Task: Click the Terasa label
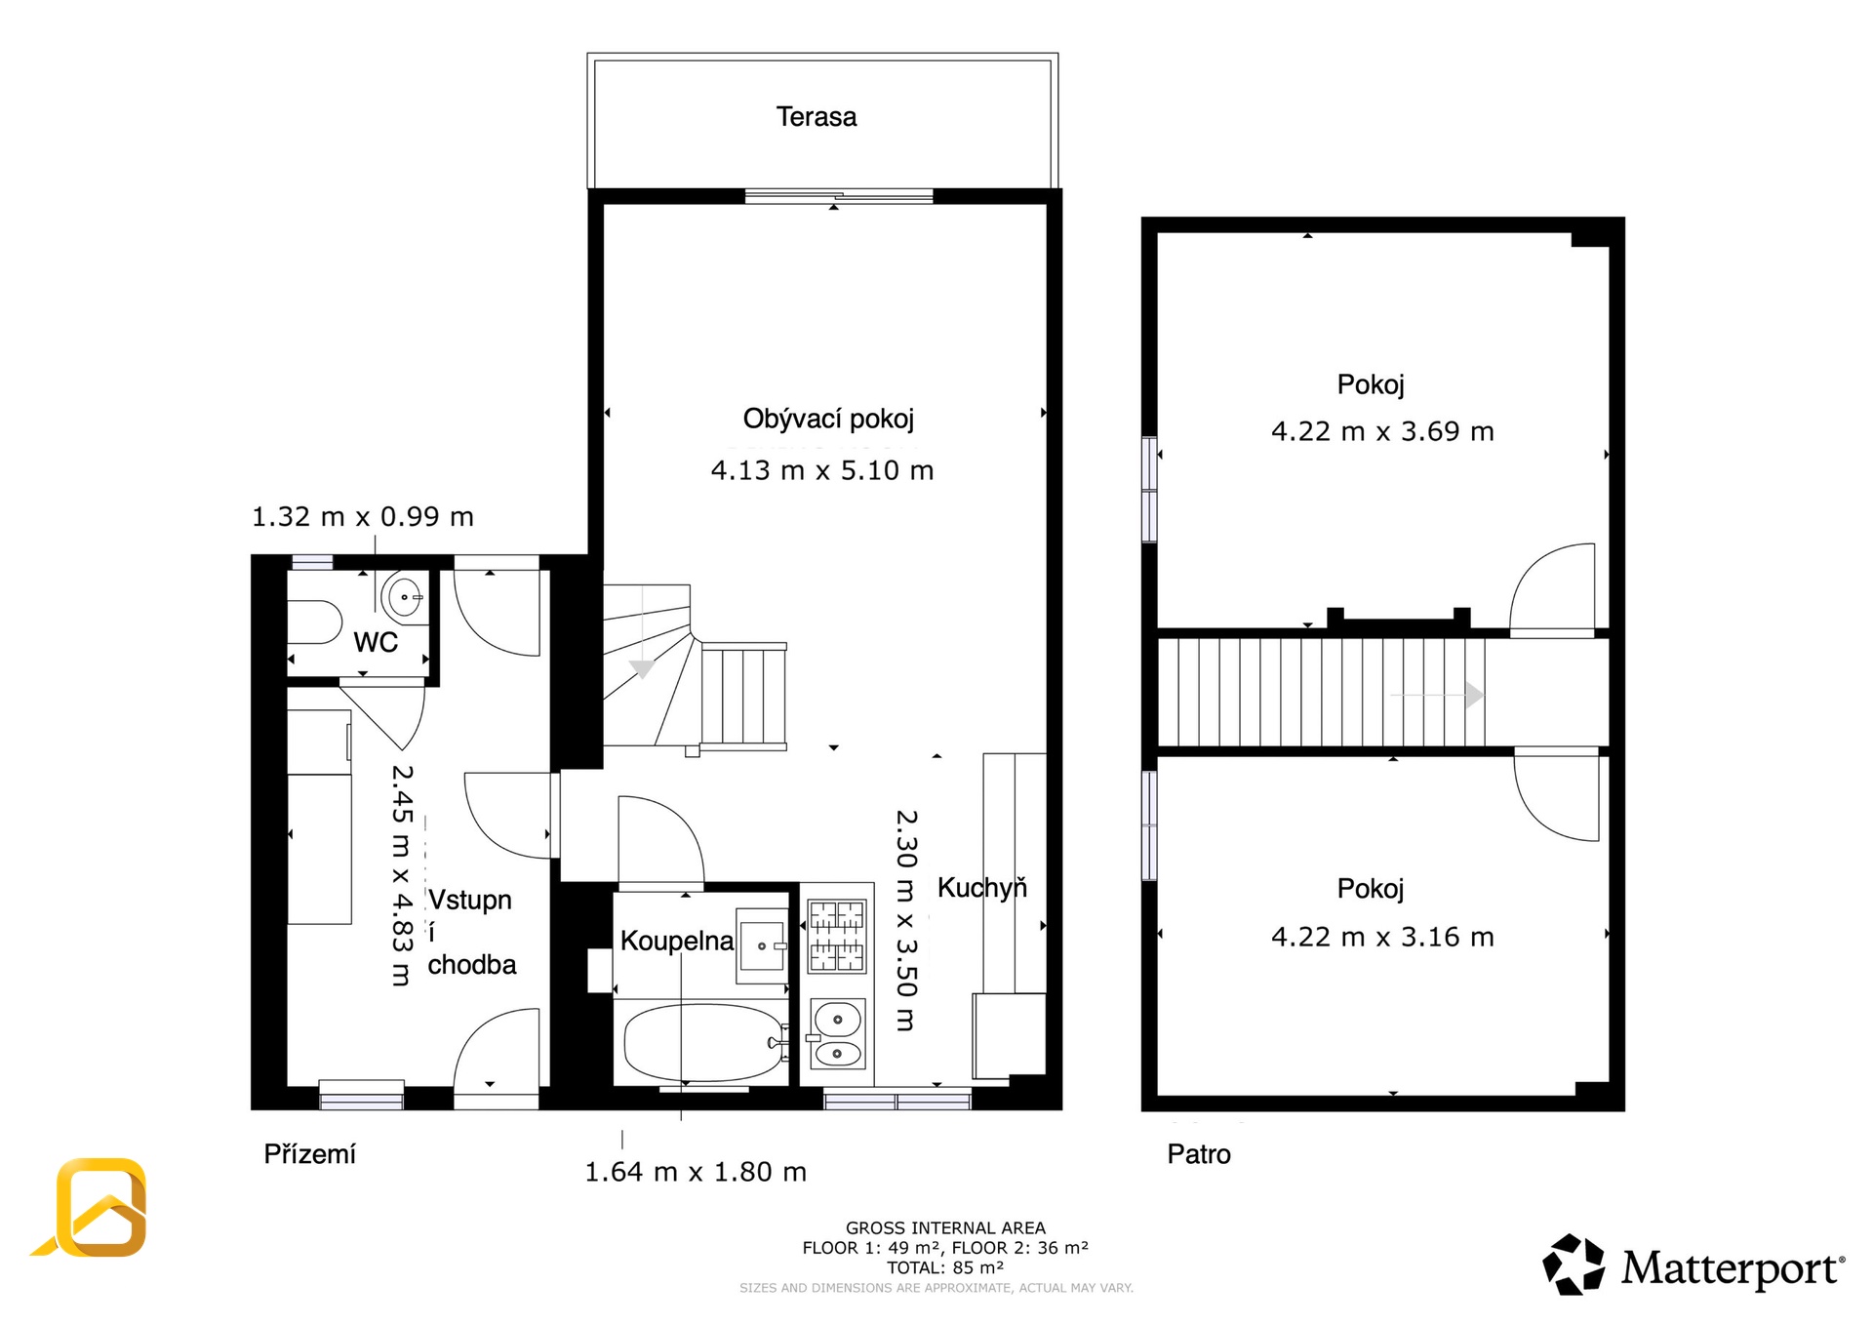click(x=817, y=117)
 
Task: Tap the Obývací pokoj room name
click(x=828, y=420)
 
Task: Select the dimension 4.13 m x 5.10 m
click(x=822, y=470)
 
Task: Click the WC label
click(x=376, y=642)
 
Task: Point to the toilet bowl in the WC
click(x=314, y=622)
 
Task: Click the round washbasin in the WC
click(x=404, y=596)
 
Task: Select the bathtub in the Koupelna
click(x=702, y=1043)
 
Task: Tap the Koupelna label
click(x=677, y=941)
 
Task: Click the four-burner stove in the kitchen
click(x=837, y=936)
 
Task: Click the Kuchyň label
click(x=982, y=887)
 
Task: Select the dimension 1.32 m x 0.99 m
click(x=363, y=516)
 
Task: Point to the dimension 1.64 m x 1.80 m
click(x=696, y=1172)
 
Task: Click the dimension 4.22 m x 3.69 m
click(x=1382, y=431)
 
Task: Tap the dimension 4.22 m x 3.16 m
click(x=1382, y=937)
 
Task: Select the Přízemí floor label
click(x=309, y=1154)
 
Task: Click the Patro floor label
click(x=1199, y=1154)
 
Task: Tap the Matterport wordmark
click(x=1733, y=1268)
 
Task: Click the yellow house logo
click(x=94, y=1207)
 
